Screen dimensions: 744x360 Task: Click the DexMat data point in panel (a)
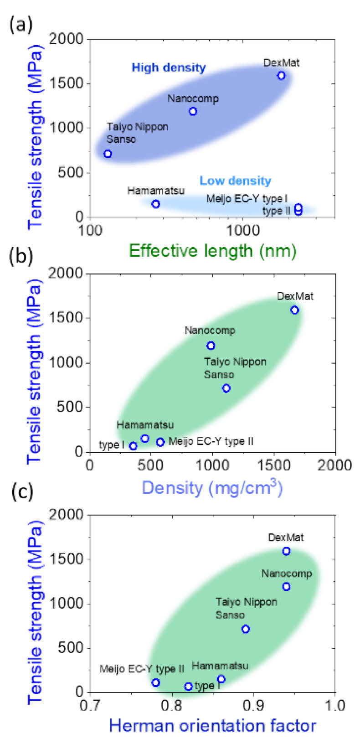281,76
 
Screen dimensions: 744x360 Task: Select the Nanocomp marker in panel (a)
193,111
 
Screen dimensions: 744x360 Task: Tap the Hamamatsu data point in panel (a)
156,204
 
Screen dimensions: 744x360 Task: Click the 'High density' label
169,67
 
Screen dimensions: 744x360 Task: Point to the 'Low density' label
235,181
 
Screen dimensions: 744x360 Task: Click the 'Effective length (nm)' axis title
212,251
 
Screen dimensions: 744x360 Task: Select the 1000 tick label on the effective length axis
242,230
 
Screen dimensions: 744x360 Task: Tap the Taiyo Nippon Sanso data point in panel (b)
226,388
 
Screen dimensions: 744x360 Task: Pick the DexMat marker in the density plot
295,310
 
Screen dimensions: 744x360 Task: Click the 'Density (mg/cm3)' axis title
212,487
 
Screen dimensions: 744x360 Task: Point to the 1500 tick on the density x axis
274,465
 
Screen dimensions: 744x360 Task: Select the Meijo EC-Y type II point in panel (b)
160,442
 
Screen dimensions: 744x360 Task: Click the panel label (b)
21,257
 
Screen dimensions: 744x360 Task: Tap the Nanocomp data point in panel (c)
286,587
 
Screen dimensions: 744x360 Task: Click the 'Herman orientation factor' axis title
212,725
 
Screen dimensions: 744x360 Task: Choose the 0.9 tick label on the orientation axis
253,705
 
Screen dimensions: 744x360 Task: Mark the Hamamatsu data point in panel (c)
221,679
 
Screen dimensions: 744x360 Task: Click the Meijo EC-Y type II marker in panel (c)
156,682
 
